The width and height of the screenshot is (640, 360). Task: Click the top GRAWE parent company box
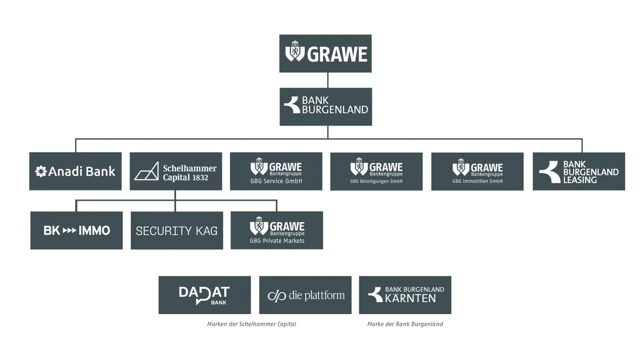pyautogui.click(x=325, y=53)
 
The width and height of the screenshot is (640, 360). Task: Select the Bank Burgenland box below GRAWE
pyautogui.click(x=326, y=107)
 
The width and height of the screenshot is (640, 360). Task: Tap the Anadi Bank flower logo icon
pyautogui.click(x=41, y=171)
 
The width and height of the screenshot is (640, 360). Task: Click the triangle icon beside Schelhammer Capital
pyautogui.click(x=147, y=171)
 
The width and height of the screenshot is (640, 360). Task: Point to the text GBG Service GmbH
pyautogui.click(x=276, y=181)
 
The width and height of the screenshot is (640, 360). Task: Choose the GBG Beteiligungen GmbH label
pyautogui.click(x=376, y=181)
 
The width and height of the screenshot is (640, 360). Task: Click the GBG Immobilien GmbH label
pyautogui.click(x=477, y=181)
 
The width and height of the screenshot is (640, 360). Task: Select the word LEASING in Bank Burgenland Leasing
pyautogui.click(x=580, y=180)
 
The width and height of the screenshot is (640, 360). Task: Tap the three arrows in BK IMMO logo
pyautogui.click(x=69, y=230)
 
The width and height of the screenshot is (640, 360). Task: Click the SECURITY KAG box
pyautogui.click(x=177, y=230)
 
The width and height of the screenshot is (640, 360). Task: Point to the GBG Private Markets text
pyautogui.click(x=277, y=241)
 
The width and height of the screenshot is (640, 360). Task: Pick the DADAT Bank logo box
pyautogui.click(x=204, y=295)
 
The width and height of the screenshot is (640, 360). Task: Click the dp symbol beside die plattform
pyautogui.click(x=277, y=296)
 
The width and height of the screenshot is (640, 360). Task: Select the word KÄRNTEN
pyautogui.click(x=410, y=298)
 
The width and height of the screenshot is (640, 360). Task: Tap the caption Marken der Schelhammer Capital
pyautogui.click(x=252, y=324)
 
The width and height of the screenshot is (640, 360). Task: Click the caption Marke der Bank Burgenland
pyautogui.click(x=405, y=324)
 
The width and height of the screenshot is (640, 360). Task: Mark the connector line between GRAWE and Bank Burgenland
pyautogui.click(x=328, y=80)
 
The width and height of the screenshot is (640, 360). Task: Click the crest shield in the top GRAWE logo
pyautogui.click(x=295, y=52)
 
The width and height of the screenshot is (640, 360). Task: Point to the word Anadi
pyautogui.click(x=65, y=171)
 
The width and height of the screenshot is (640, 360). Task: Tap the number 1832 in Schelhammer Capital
pyautogui.click(x=200, y=178)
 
